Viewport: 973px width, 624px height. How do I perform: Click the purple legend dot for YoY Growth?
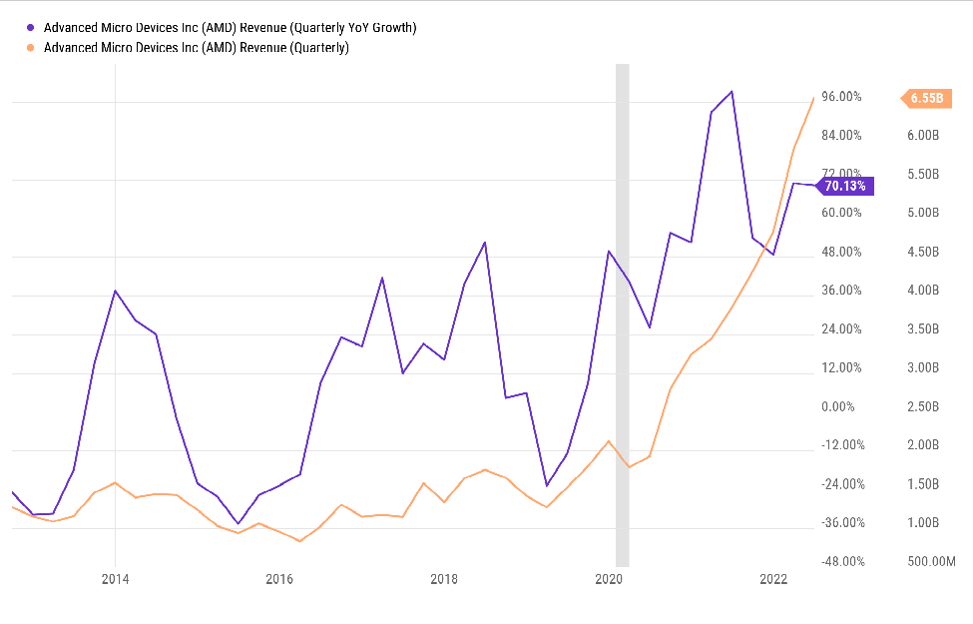(32, 28)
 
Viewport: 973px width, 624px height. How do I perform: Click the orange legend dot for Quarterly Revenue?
(32, 47)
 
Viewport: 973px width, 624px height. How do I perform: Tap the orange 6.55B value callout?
(926, 98)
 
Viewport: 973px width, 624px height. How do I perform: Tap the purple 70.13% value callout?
(845, 186)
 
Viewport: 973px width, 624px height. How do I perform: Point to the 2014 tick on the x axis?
(115, 579)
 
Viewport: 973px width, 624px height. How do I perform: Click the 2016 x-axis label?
(279, 579)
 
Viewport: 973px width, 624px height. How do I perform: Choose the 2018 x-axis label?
(444, 579)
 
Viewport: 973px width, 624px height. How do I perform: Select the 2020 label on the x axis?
(609, 579)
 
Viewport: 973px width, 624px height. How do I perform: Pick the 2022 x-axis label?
(773, 579)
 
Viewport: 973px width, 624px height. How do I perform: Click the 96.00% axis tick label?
(841, 97)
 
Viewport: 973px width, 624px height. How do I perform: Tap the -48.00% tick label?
(840, 562)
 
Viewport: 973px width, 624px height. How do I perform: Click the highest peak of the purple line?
(732, 92)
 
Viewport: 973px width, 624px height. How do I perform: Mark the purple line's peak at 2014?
(115, 291)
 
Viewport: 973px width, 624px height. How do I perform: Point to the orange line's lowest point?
(299, 541)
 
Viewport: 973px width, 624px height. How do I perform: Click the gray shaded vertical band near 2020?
(622, 300)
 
